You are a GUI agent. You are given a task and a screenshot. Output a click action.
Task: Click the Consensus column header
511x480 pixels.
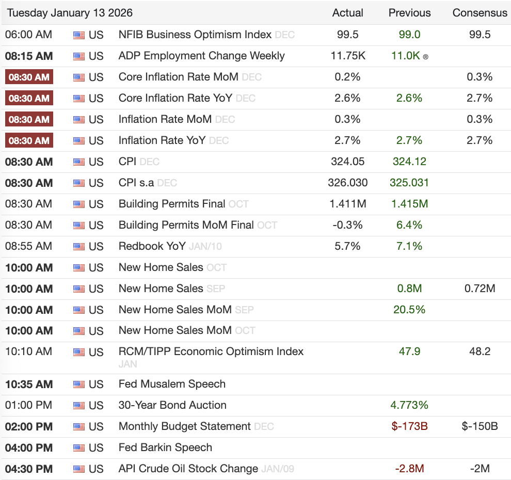pyautogui.click(x=480, y=13)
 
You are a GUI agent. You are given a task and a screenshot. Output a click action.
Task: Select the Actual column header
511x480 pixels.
pyautogui.click(x=347, y=13)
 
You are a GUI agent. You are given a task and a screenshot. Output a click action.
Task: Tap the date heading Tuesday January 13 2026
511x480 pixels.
pyautogui.click(x=70, y=13)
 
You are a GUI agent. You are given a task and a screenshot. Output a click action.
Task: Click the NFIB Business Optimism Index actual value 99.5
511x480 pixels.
pyautogui.click(x=347, y=35)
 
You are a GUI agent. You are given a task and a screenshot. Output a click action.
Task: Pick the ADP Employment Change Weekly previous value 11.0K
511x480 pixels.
pyautogui.click(x=406, y=56)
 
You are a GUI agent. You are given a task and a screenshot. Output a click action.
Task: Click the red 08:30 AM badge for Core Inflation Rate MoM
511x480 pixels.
pyautogui.click(x=29, y=77)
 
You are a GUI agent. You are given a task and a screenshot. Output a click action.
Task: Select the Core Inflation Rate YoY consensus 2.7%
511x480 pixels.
pyautogui.click(x=480, y=98)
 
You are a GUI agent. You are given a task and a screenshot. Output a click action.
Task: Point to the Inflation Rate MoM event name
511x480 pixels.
pyautogui.click(x=165, y=119)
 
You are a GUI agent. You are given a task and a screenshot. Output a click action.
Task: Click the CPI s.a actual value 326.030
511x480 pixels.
pyautogui.click(x=347, y=183)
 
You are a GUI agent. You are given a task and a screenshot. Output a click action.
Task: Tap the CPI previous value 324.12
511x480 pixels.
pyautogui.click(x=409, y=162)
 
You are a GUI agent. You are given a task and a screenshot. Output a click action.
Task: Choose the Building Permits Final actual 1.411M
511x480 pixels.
pyautogui.click(x=347, y=204)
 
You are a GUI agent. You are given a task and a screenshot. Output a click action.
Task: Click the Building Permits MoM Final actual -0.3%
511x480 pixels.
pyautogui.click(x=347, y=225)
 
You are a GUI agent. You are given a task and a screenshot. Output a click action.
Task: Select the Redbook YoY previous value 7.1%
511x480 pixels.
pyautogui.click(x=409, y=246)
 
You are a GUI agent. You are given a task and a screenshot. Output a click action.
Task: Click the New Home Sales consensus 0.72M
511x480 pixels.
pyautogui.click(x=480, y=289)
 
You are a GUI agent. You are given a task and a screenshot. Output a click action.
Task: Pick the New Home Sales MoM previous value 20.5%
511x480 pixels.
pyautogui.click(x=409, y=310)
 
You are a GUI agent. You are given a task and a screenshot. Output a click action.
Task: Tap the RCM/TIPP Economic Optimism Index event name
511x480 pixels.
pyautogui.click(x=211, y=351)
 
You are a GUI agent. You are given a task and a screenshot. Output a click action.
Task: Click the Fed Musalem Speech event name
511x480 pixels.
pyautogui.click(x=172, y=384)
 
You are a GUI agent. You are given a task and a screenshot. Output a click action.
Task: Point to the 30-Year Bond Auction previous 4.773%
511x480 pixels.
pyautogui.click(x=409, y=405)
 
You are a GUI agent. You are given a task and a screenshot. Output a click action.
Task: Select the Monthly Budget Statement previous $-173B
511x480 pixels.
pyautogui.click(x=409, y=426)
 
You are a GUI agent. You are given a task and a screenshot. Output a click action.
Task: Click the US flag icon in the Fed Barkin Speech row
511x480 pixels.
pyautogui.click(x=78, y=447)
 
